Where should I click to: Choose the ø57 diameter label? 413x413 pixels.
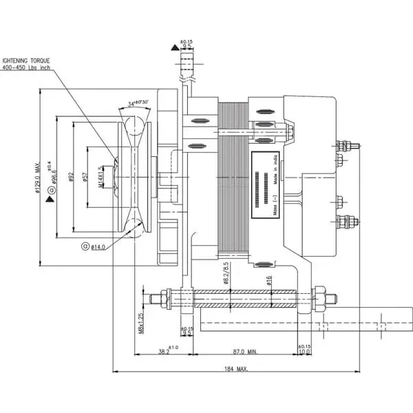click(85, 178)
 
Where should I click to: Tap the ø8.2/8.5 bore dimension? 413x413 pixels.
click(226, 271)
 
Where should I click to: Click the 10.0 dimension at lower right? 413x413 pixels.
click(305, 352)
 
